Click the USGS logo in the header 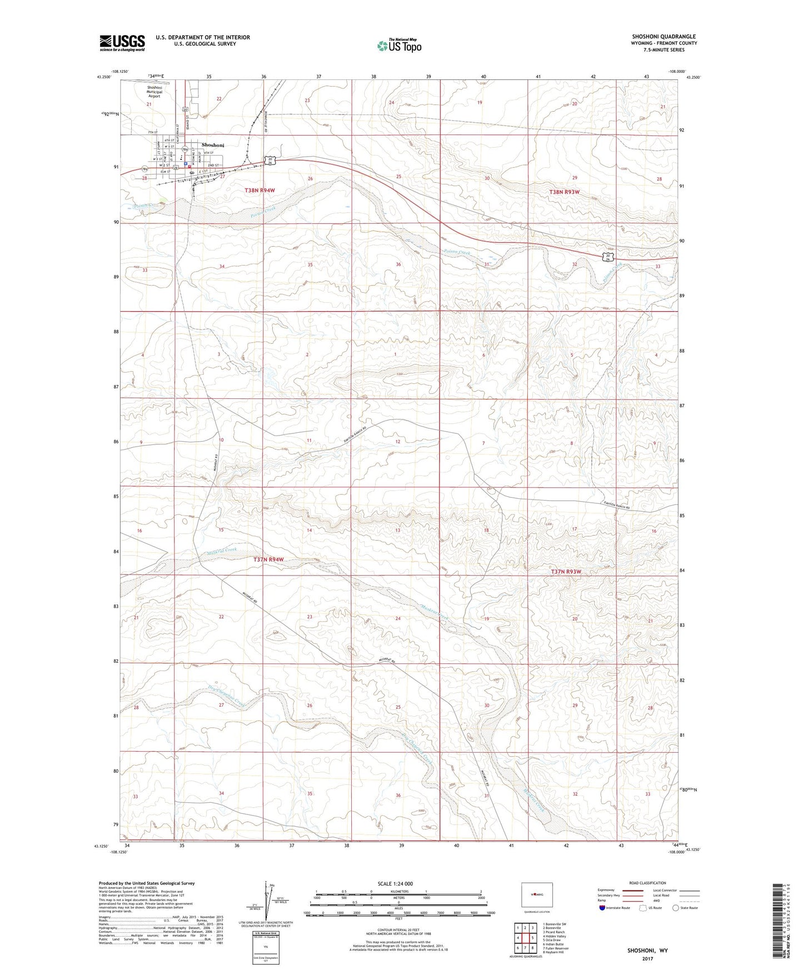(x=122, y=43)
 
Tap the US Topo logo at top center (x=398, y=46)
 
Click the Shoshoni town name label (x=213, y=145)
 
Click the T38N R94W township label (x=260, y=191)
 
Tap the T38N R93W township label (x=564, y=192)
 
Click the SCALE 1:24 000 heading (x=395, y=883)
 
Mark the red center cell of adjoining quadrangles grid (x=525, y=938)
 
